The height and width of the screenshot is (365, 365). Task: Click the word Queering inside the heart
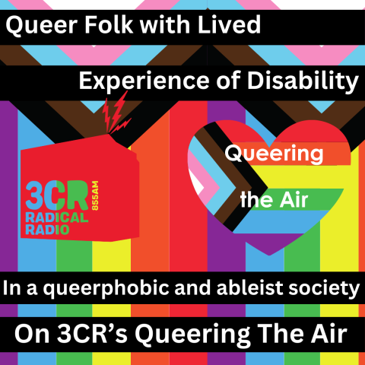click(x=269, y=153)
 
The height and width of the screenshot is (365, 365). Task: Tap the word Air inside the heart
click(x=296, y=200)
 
